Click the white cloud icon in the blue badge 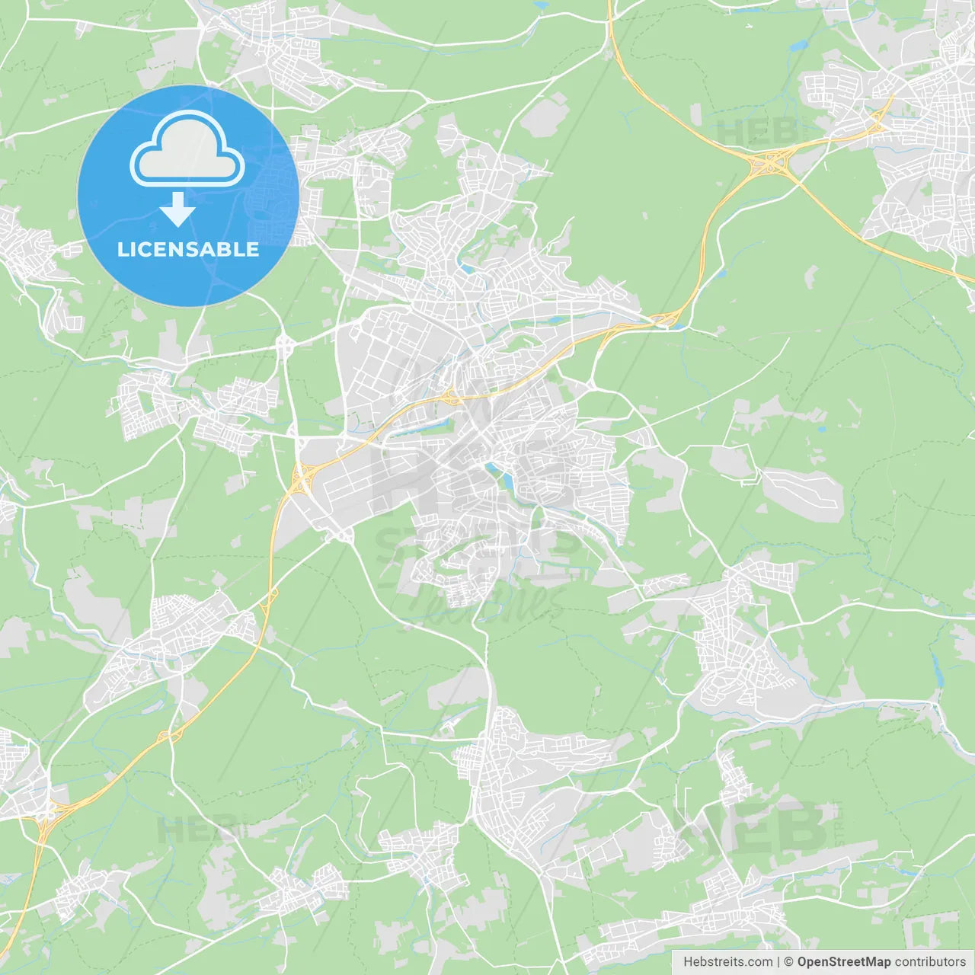coord(187,149)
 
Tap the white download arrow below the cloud coord(177,209)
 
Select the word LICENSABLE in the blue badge coord(188,249)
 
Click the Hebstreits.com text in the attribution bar coord(727,962)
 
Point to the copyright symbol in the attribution coord(789,962)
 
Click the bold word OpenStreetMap coord(844,962)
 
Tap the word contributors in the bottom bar coord(930,962)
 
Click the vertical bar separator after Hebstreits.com coord(778,962)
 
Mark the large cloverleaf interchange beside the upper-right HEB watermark coord(771,161)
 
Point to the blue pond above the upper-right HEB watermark coord(798,46)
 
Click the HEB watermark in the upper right coord(754,132)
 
